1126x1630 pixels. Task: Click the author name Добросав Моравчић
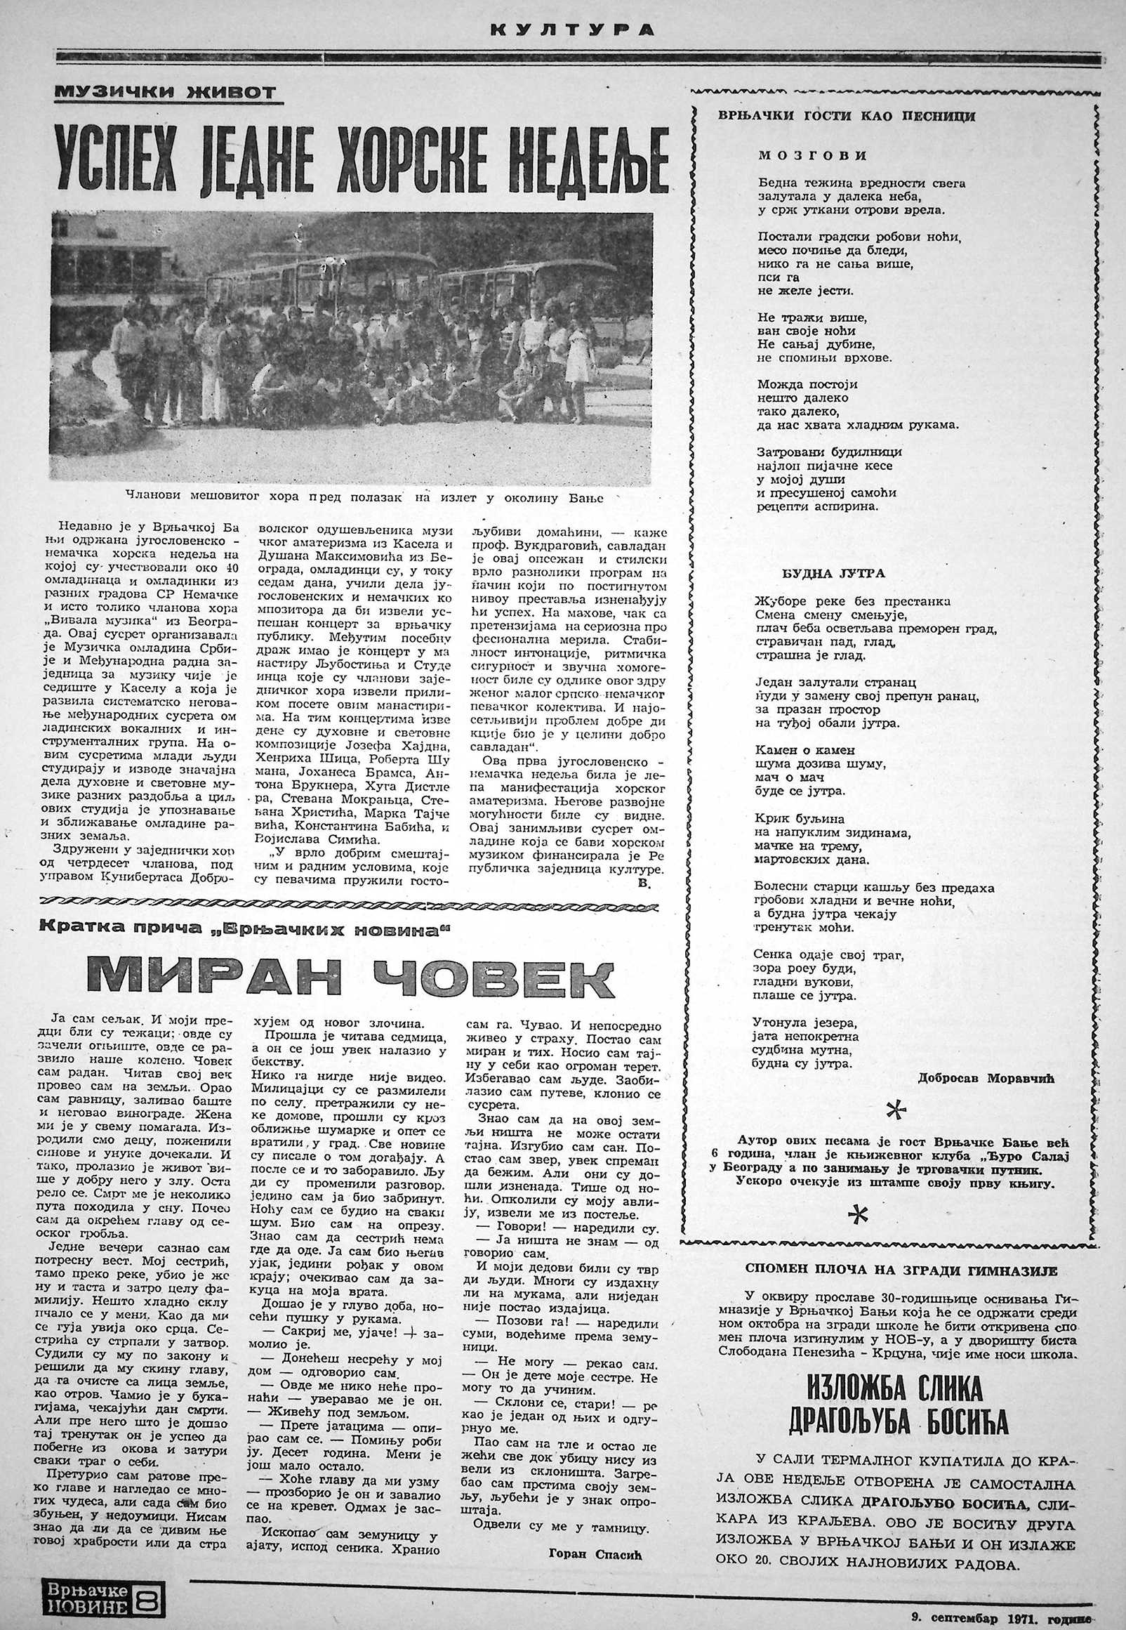pos(986,1077)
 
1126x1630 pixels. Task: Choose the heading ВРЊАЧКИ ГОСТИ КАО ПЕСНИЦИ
pos(847,115)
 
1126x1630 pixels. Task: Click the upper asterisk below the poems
pos(896,1111)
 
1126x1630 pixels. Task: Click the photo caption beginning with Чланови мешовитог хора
pos(365,497)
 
